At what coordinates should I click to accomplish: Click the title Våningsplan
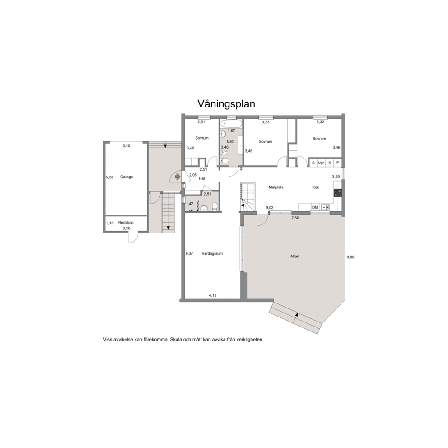(226, 104)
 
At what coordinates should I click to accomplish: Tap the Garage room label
(126, 177)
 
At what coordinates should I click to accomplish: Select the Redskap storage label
(126, 223)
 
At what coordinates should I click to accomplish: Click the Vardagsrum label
(212, 253)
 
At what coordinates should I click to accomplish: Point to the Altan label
(294, 256)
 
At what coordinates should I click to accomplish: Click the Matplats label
(276, 187)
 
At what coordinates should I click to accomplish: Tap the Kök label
(316, 187)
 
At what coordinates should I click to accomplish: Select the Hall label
(202, 178)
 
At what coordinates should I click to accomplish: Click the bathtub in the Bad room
(231, 124)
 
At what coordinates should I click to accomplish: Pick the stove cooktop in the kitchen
(337, 193)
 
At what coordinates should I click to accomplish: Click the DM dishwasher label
(315, 207)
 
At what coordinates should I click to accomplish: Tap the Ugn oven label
(322, 163)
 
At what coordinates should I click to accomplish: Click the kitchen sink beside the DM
(325, 207)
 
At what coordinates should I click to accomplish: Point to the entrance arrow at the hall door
(177, 177)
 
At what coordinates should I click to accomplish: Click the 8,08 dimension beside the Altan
(350, 257)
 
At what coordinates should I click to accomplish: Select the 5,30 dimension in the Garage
(110, 177)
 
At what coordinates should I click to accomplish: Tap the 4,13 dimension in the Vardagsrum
(213, 295)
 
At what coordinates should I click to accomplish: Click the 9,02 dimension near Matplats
(270, 208)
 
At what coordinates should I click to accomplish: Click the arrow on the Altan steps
(297, 315)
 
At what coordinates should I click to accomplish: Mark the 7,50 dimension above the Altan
(295, 218)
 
